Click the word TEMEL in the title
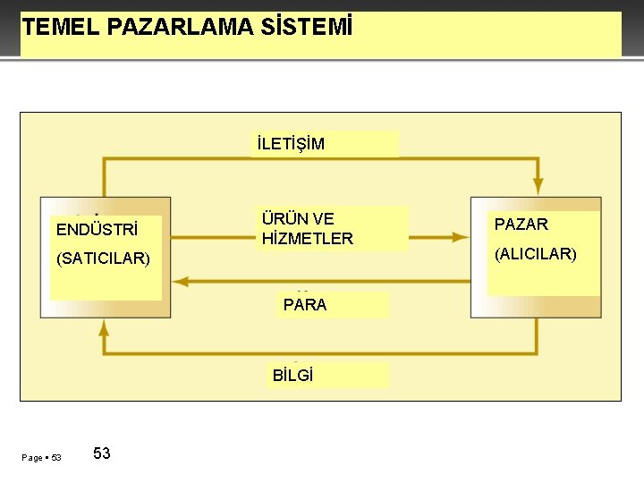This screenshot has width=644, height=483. [x=60, y=27]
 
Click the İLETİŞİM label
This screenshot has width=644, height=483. [x=291, y=144]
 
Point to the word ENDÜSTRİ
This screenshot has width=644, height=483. [x=96, y=229]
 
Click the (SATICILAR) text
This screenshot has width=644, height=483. [x=103, y=259]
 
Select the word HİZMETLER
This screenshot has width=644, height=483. [x=308, y=239]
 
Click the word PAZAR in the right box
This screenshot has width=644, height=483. [x=521, y=224]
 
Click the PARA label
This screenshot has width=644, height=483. [x=305, y=304]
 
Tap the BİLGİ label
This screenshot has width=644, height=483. [x=293, y=375]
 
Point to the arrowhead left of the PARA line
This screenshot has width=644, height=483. [x=180, y=281]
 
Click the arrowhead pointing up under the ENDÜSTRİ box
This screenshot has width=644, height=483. [x=104, y=326]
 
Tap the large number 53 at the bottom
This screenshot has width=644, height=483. [x=102, y=453]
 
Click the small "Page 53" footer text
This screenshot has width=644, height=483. [x=41, y=458]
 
